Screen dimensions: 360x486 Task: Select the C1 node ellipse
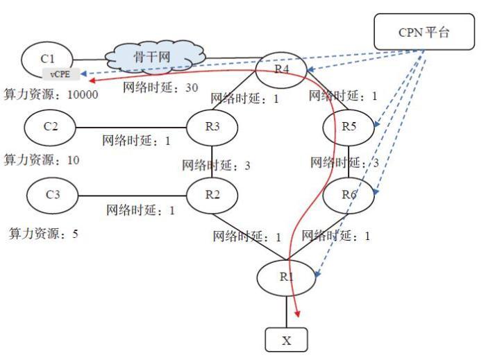49,58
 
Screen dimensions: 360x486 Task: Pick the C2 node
50,127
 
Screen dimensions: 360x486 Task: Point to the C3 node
53,194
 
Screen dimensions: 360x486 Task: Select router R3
212,126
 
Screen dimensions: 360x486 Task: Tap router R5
349,126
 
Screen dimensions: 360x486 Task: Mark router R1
286,277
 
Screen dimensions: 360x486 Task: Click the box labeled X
285,341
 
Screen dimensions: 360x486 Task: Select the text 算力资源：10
41,160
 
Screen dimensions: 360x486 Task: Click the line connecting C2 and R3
131,127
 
